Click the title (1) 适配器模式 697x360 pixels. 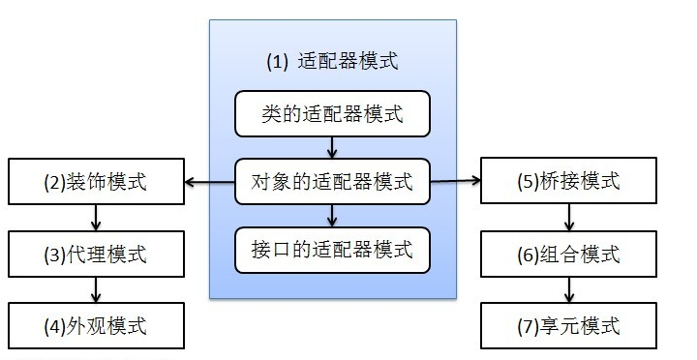pos(332,61)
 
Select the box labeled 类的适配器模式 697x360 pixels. pos(332,115)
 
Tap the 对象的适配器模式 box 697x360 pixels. pos(332,180)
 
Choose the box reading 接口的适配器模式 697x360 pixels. pos(332,248)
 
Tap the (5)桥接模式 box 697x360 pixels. pos(568,181)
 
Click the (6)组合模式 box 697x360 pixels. pos(568,255)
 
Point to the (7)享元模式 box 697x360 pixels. pos(568,325)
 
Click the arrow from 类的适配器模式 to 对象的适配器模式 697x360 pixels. pos(332,147)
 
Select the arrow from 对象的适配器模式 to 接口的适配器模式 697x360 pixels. pos(332,214)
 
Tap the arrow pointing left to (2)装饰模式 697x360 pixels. pos(209,181)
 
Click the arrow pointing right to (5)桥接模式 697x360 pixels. pos(455,180)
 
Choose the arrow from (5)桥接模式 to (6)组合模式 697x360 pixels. pos(568,218)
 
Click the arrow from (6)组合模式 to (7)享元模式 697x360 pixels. pos(568,290)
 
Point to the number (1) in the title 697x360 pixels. pos(278,61)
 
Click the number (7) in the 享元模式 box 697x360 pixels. pos(528,325)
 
